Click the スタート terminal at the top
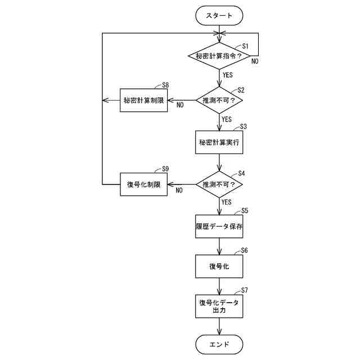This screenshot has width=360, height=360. point(219,16)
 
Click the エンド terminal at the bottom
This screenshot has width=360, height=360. point(219,344)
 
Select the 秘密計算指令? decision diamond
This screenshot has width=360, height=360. point(219,56)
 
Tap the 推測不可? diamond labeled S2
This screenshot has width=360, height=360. point(219,101)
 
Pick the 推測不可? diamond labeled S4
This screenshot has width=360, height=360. point(219,184)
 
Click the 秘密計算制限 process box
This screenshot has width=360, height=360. point(144,101)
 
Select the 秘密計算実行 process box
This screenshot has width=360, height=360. point(219,143)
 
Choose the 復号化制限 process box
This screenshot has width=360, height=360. point(144,184)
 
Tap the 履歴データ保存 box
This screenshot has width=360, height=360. point(219,226)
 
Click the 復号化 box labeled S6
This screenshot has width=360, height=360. point(219,266)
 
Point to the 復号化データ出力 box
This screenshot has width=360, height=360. point(219,306)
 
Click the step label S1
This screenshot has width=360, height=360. point(245,46)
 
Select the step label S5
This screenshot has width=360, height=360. point(245,210)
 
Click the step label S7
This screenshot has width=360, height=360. point(245,290)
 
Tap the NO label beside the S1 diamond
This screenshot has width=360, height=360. point(255,61)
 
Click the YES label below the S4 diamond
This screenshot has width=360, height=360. point(227,201)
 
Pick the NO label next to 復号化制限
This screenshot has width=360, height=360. point(179,190)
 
